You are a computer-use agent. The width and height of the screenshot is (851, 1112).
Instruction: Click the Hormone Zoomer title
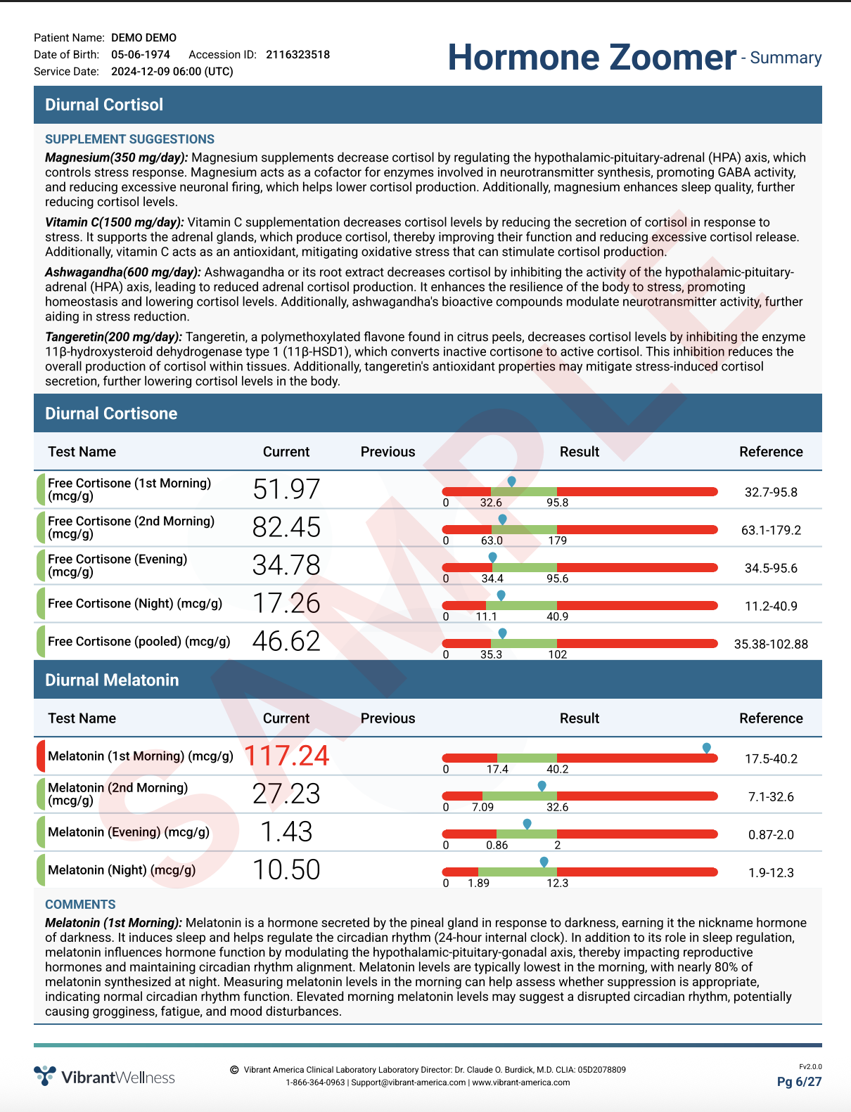(x=592, y=57)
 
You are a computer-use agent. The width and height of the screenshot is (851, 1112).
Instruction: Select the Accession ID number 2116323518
(x=297, y=55)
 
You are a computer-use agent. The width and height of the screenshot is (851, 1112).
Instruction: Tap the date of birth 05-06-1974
(x=141, y=55)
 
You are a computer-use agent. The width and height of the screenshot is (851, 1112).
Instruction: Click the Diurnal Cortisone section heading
(x=111, y=413)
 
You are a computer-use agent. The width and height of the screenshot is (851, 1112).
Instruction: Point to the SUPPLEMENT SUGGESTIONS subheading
(x=130, y=139)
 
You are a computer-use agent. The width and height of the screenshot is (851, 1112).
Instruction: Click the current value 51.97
(x=286, y=489)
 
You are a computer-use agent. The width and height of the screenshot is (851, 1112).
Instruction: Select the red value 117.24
(x=286, y=756)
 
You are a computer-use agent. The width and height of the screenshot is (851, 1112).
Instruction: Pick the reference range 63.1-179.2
(x=771, y=530)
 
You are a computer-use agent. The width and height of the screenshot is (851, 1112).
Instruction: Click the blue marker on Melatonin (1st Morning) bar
(x=707, y=748)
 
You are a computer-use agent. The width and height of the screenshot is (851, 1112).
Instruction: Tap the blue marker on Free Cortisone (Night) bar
(x=501, y=595)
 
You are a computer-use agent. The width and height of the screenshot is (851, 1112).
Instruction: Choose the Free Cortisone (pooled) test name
(x=139, y=641)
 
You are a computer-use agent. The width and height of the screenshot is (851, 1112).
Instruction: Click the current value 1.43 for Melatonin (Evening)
(x=286, y=832)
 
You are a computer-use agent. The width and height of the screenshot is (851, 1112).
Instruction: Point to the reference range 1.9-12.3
(x=771, y=872)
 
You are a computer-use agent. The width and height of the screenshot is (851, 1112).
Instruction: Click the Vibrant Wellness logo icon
(x=45, y=1075)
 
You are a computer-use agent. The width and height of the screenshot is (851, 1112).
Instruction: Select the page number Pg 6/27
(x=799, y=1082)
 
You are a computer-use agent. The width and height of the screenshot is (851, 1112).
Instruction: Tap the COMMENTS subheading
(x=80, y=905)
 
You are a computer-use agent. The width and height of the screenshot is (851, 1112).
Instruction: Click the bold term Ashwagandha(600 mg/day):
(x=123, y=272)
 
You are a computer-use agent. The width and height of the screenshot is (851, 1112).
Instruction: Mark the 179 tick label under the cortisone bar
(x=557, y=541)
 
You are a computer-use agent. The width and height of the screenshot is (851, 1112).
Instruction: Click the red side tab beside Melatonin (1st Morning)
(x=40, y=756)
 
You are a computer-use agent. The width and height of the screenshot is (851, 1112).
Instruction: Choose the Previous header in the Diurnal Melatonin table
(x=388, y=718)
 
